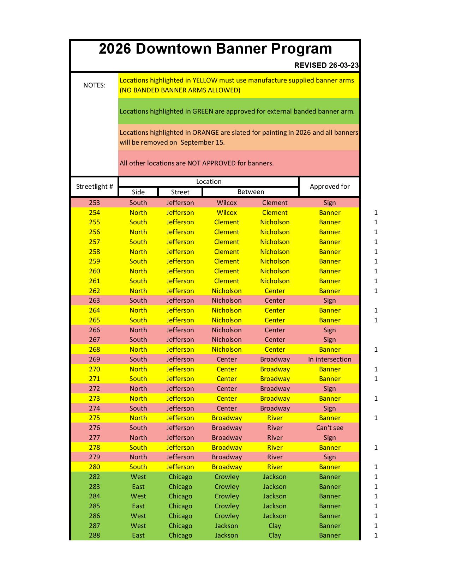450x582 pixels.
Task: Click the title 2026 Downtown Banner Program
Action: tap(215, 49)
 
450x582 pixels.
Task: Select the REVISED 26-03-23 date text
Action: tap(326, 65)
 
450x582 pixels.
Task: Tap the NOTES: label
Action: tap(94, 85)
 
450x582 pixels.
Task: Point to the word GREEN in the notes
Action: tap(203, 111)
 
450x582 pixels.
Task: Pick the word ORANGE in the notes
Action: tap(205, 133)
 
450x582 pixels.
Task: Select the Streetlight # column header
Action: tap(94, 187)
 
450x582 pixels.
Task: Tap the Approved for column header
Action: tap(330, 187)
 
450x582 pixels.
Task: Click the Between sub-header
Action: tap(251, 192)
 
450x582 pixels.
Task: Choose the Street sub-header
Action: tap(180, 192)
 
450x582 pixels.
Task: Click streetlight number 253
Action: tap(94, 203)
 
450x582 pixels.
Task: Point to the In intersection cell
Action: tap(330, 359)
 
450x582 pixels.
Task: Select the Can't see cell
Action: tap(330, 428)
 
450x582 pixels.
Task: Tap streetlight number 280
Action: tap(94, 467)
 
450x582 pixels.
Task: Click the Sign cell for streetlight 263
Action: tap(330, 301)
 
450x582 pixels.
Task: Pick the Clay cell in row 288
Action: tap(275, 535)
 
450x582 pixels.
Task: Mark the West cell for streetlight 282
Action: tap(138, 477)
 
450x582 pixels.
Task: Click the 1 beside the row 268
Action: tap(376, 350)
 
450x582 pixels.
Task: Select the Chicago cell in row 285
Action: tap(180, 506)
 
